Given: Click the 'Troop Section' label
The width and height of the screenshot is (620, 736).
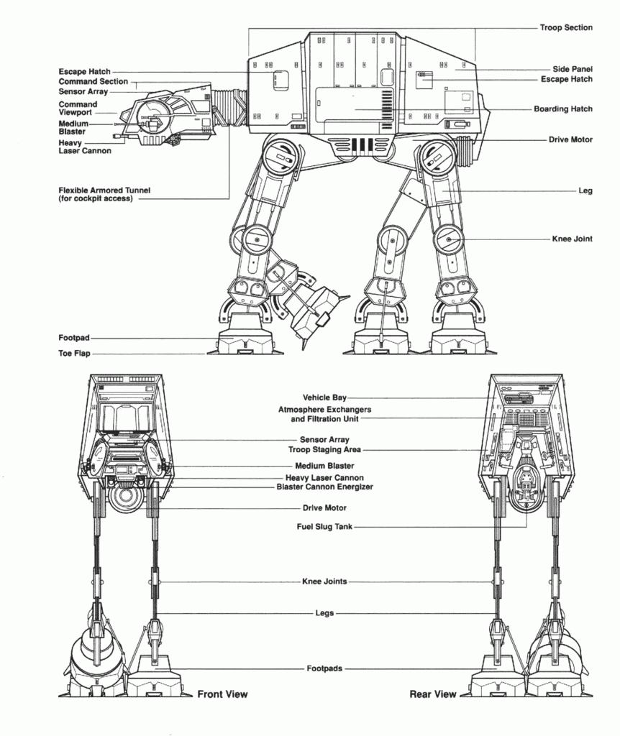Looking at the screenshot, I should click(566, 27).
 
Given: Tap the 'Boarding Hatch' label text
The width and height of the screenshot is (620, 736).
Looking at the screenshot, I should click(563, 109).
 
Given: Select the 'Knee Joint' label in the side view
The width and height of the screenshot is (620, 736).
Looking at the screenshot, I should click(573, 239).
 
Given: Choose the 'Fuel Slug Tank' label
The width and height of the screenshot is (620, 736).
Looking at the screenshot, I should click(324, 527).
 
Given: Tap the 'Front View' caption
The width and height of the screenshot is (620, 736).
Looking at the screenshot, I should click(222, 694).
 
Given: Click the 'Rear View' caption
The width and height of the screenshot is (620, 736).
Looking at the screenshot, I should click(433, 694).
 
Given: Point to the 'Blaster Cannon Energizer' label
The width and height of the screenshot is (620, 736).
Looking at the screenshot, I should click(324, 487).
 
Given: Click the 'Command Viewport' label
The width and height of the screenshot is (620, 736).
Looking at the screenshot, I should click(78, 109).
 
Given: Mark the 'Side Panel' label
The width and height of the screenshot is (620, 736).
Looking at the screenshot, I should click(573, 69).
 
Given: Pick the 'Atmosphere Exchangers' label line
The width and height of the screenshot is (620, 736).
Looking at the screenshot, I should click(324, 409).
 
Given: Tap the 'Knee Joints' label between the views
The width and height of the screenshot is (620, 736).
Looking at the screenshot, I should click(324, 581).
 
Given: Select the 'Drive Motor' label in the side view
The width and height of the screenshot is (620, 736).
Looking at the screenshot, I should click(570, 139).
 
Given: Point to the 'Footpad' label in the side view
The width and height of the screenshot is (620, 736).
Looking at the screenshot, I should click(74, 338).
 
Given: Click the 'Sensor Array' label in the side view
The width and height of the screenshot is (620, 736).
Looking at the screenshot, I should click(83, 92).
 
